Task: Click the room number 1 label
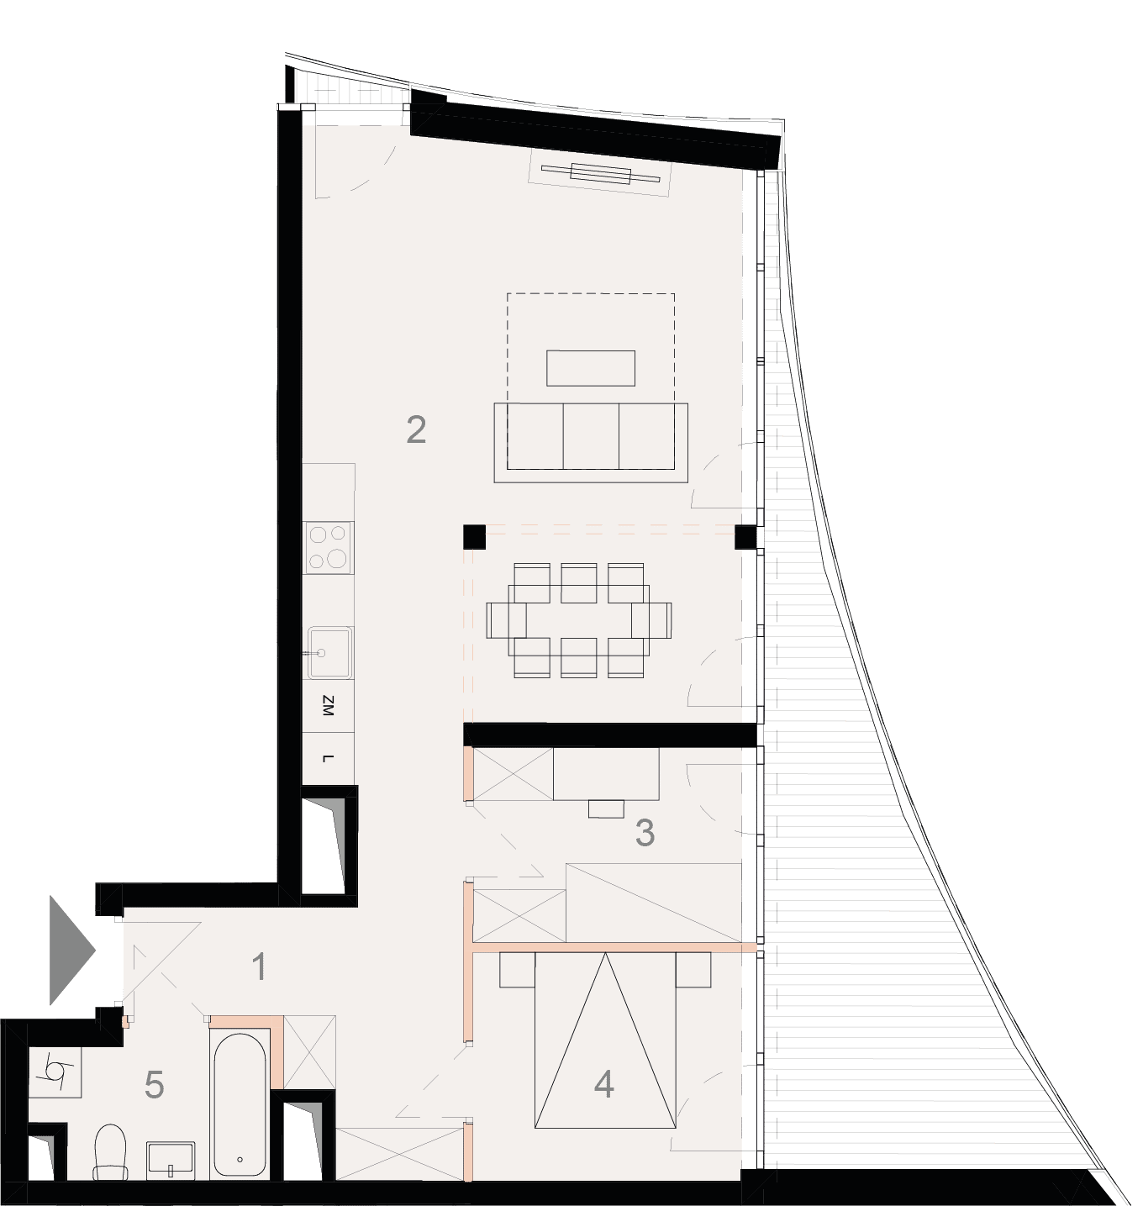point(260,966)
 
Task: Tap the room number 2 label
point(416,430)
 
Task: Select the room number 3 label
point(645,832)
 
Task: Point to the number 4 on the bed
point(603,1084)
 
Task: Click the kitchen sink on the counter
point(330,653)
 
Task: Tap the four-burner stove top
point(329,548)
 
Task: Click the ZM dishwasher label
point(328,706)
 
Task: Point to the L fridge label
point(328,759)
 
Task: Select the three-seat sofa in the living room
point(591,442)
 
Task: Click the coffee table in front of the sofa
point(590,368)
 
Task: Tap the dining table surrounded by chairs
point(579,620)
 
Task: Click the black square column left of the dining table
point(474,537)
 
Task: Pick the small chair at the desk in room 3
point(606,808)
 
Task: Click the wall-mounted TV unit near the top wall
point(599,174)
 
